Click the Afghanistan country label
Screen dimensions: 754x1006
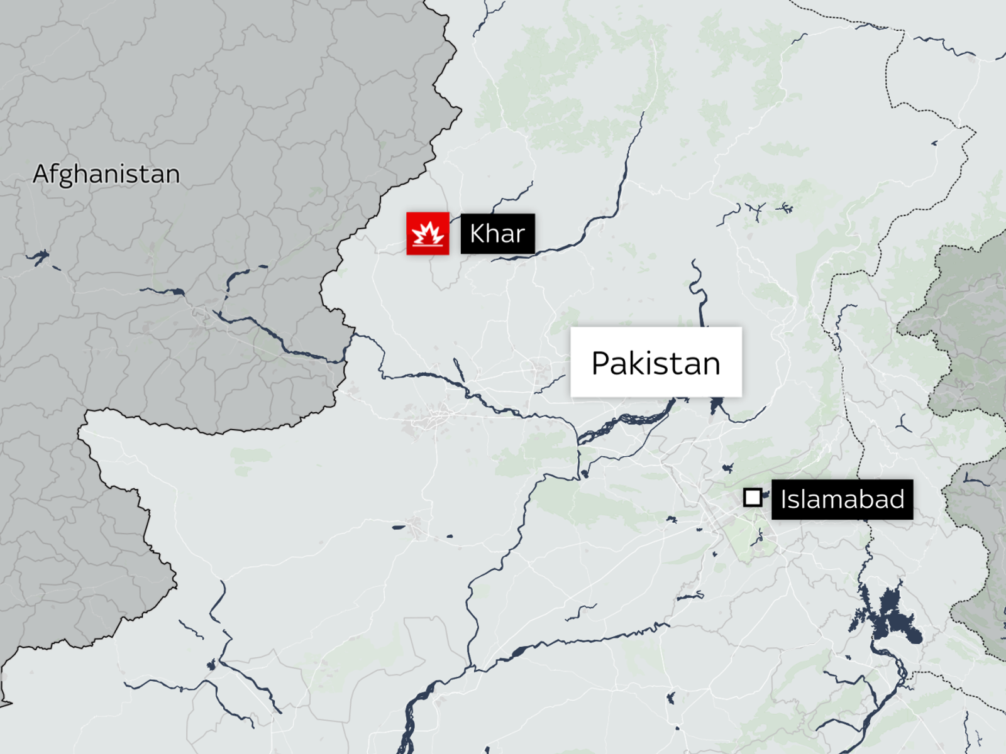tap(106, 174)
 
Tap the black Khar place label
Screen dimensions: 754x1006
tap(497, 234)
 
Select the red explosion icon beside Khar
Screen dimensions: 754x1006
tap(428, 234)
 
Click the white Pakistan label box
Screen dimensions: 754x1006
tap(656, 362)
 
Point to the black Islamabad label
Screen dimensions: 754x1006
tap(842, 500)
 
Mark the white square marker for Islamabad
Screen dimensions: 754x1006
tap(753, 498)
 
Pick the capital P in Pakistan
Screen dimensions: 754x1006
tap(601, 364)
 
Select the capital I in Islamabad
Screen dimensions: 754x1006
tap(784, 500)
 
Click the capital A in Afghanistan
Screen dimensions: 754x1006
tap(41, 174)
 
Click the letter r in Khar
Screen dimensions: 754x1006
tap(520, 236)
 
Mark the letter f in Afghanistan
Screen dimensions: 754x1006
tap(56, 173)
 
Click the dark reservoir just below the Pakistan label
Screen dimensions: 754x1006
tap(716, 406)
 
